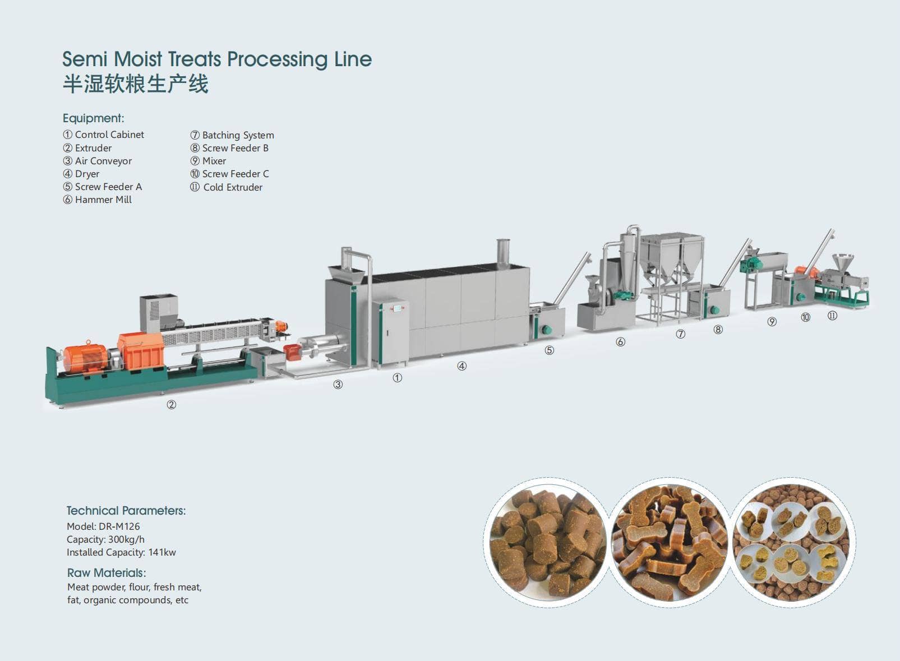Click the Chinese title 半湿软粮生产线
click(135, 85)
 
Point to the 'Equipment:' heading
click(94, 118)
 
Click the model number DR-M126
click(119, 526)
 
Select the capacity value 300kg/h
click(126, 539)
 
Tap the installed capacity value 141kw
click(162, 552)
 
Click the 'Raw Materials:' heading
click(107, 572)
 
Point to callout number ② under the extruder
click(172, 405)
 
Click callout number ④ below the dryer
click(462, 366)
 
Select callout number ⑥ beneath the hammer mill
click(620, 342)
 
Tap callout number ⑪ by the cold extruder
click(832, 316)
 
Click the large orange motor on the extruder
click(85, 358)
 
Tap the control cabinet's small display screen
click(397, 308)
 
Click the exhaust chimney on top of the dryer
click(502, 252)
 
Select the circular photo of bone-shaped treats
click(670, 542)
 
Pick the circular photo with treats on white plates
click(792, 542)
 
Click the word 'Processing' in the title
click(278, 59)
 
